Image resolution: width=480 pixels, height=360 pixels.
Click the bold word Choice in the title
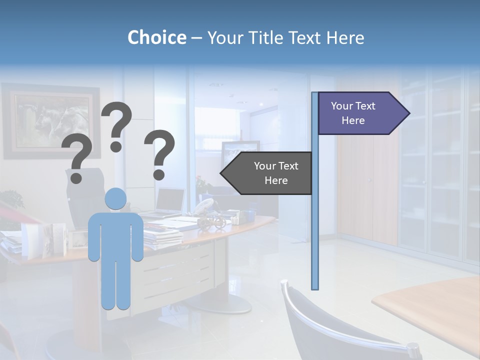156,37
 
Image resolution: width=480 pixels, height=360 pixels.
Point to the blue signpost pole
315,225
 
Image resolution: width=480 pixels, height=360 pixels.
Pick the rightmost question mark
160,154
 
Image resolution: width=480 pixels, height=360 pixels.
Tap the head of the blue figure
115,198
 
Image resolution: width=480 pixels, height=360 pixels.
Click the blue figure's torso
115,235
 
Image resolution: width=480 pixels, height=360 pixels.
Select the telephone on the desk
205,205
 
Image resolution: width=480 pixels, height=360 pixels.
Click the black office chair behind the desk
82,195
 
